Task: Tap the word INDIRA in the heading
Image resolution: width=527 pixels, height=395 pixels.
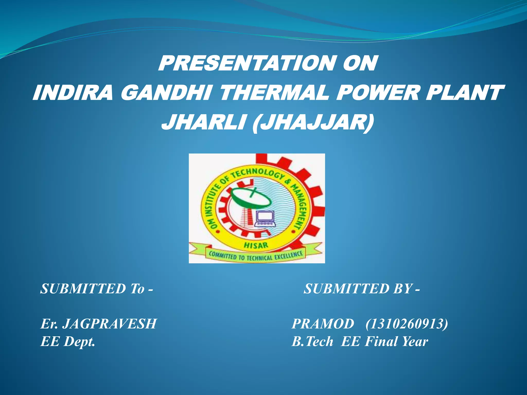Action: tap(73, 93)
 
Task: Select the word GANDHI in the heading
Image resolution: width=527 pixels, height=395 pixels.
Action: tap(166, 93)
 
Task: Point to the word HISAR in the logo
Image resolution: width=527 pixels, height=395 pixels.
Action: tap(256, 245)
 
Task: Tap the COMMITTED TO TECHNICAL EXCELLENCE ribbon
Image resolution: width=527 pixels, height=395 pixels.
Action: tap(256, 256)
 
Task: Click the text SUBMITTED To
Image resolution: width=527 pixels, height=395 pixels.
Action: tap(96, 289)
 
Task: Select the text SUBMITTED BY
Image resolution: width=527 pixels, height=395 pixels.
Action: tap(362, 289)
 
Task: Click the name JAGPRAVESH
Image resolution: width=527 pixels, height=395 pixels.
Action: tap(110, 324)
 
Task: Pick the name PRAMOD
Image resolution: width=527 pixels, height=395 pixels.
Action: tap(323, 324)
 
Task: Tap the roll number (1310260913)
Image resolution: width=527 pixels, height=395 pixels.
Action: tap(407, 324)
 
